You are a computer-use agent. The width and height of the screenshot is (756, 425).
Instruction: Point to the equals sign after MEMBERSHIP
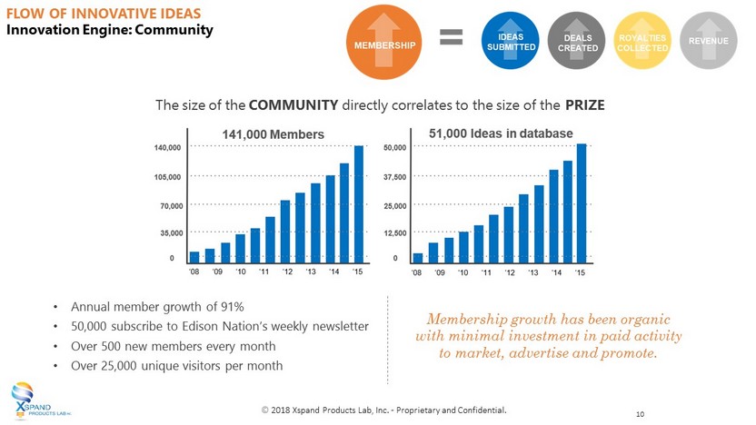(452, 37)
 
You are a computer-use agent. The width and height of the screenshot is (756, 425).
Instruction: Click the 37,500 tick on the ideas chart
(395, 177)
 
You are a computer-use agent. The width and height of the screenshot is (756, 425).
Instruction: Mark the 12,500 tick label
(395, 233)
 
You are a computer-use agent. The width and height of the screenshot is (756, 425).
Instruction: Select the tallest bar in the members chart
(359, 203)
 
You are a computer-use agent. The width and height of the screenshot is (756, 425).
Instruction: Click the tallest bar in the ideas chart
(582, 202)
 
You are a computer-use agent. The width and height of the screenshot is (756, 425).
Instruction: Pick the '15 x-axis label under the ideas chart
(580, 272)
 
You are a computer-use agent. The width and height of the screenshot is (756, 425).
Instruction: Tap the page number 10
(641, 414)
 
